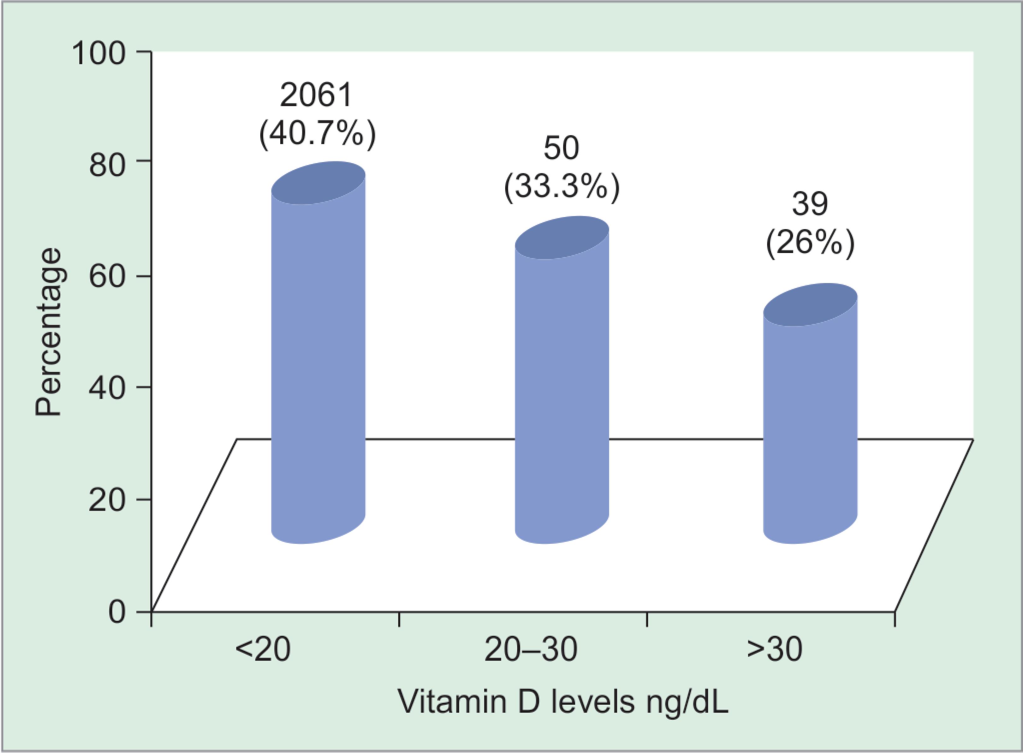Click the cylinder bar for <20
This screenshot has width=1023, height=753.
click(318, 360)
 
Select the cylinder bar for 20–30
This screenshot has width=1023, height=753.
click(562, 387)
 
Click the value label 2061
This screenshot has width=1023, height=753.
click(317, 96)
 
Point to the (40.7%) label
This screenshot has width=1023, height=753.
click(317, 134)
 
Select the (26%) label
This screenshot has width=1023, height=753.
click(810, 244)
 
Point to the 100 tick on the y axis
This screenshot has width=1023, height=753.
click(98, 53)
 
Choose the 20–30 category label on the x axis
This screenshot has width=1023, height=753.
click(531, 650)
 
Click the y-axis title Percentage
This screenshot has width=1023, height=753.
click(48, 332)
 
